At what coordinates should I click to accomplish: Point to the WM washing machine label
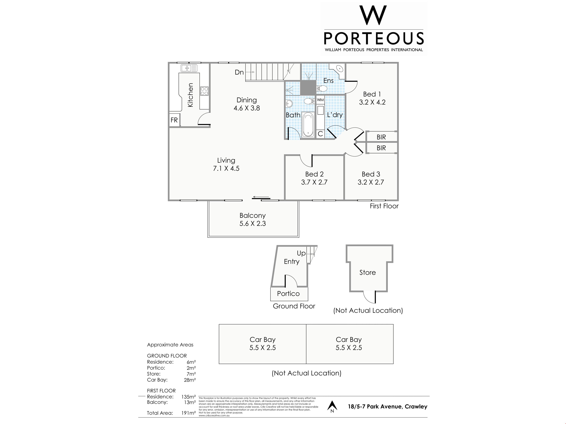click(320, 100)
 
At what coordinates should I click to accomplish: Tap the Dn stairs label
click(239, 72)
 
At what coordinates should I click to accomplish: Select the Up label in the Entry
click(301, 253)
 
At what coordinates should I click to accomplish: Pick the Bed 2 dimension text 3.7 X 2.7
click(314, 182)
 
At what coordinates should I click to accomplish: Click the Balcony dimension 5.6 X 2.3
click(252, 224)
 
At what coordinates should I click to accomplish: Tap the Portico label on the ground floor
click(288, 294)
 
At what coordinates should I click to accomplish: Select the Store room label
click(367, 273)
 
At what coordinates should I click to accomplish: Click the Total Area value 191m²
click(189, 413)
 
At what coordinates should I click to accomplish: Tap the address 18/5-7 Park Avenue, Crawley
click(387, 407)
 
